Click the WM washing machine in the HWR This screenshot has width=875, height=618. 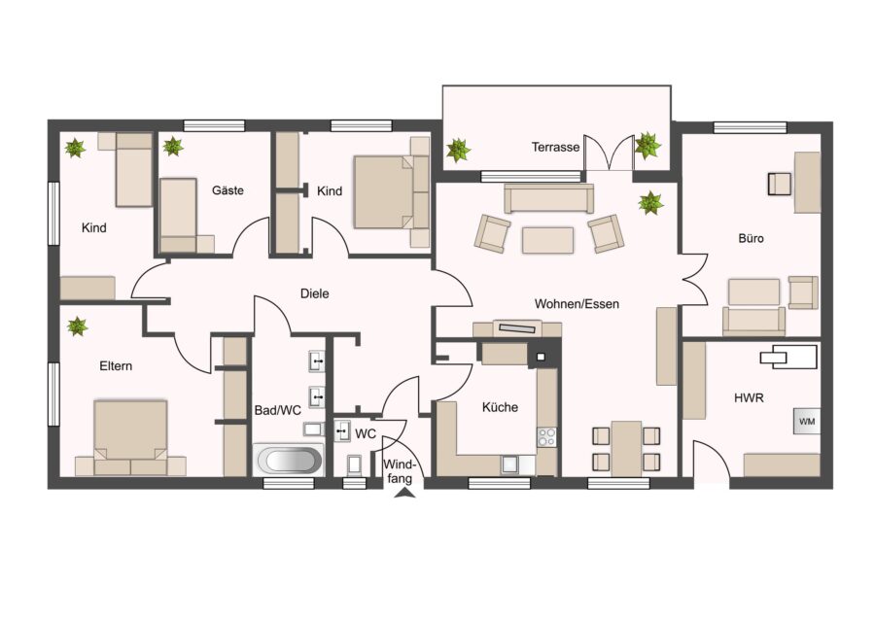pos(807,421)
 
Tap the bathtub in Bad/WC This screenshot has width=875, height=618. pos(289,461)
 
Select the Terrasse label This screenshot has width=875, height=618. pos(555,148)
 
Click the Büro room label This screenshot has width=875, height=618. pos(751,238)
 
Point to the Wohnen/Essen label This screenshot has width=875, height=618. pos(577,304)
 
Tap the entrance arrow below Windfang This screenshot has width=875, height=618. pos(405,493)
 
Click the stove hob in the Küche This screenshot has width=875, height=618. pos(546,436)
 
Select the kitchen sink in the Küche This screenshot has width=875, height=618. pos(510,464)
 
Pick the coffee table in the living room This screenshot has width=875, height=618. pos(547,240)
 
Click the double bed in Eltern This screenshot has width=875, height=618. pos(130,437)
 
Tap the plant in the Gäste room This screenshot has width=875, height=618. pos(173,146)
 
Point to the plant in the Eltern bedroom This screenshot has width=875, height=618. pos(77,326)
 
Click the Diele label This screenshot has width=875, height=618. pos(315,293)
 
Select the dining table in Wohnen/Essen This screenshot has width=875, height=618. pos(626,449)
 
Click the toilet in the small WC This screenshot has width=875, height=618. pos(354,465)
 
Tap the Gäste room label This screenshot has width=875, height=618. pos(227,190)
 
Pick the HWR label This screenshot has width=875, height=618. pos(749,397)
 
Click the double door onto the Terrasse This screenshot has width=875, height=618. pos(609,152)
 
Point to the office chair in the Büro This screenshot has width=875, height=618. pos(779,184)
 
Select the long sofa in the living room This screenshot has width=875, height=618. pos(548,198)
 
